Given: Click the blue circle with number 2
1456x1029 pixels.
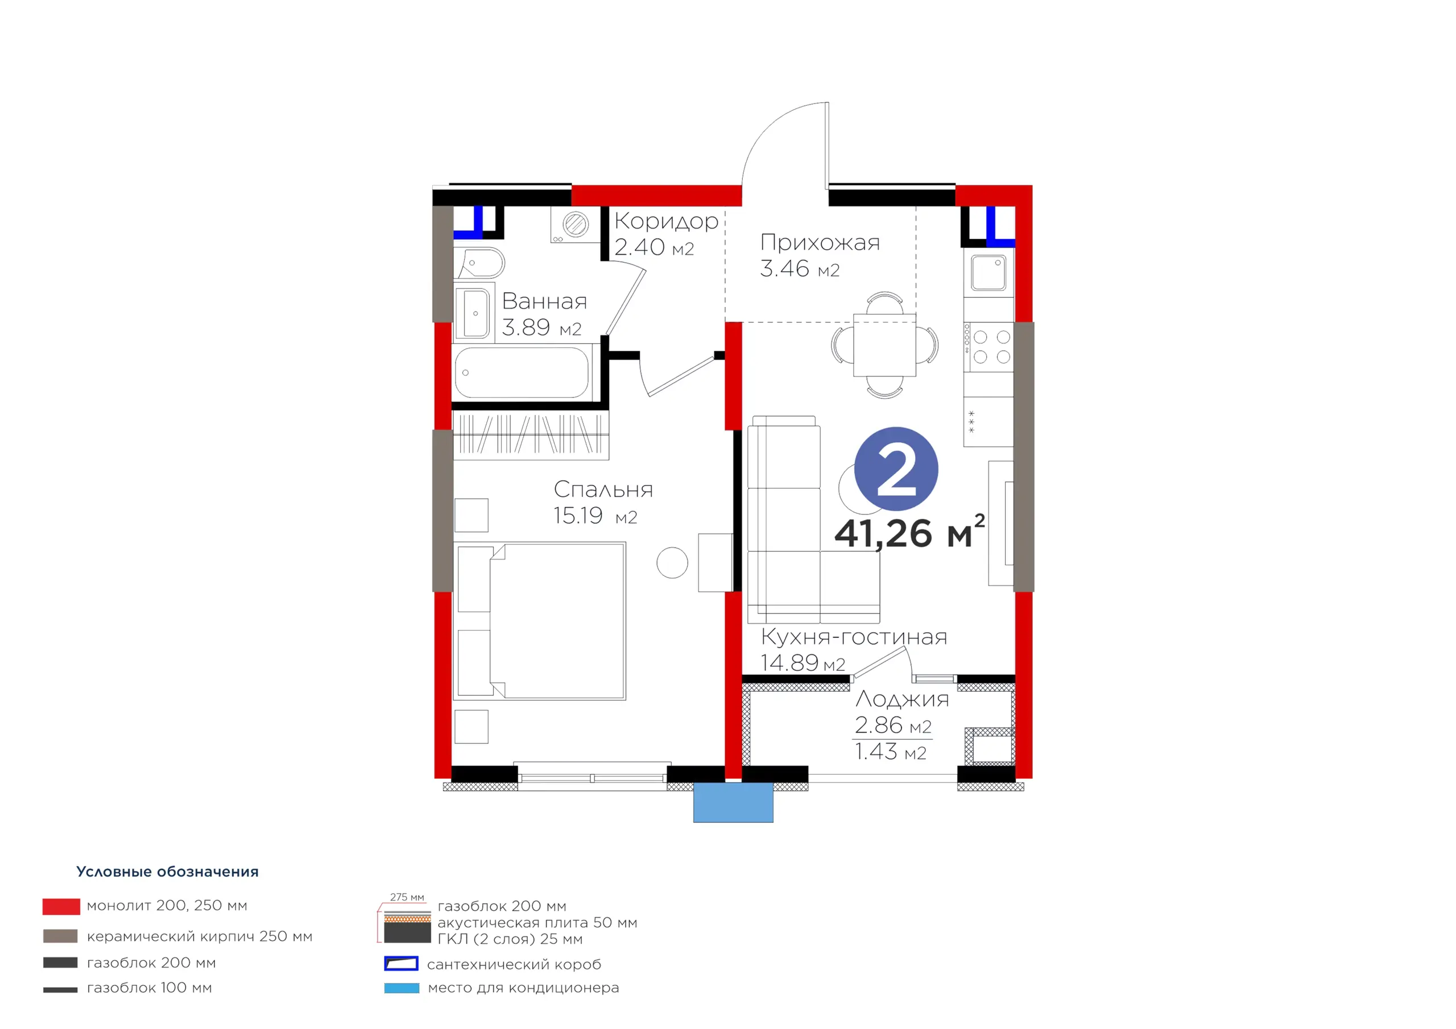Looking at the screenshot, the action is pos(895,468).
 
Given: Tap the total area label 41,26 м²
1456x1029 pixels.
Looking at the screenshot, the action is pos(909,532).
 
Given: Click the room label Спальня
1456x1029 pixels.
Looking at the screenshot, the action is pos(603,489).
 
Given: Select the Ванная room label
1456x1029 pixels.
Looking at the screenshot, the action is pos(544,301).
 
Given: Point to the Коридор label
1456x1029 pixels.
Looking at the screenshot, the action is pos(666,221).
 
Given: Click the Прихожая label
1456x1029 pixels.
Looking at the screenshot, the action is pos(820,242).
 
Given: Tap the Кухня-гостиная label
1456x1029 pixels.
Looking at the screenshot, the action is pos(854,637).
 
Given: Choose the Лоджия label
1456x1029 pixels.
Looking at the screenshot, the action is pos(902,699).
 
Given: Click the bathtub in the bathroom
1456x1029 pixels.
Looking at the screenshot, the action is pos(522,372).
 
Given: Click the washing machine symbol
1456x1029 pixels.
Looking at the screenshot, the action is pos(575,225).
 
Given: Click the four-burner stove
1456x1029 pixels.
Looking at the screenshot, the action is pos(988,347).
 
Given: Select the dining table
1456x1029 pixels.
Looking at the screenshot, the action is pos(884,345).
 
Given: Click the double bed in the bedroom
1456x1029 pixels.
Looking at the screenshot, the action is pos(540,621).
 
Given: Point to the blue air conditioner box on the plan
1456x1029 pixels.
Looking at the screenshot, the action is pos(733,802).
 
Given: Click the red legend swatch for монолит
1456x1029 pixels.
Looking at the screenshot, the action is pos(61,907).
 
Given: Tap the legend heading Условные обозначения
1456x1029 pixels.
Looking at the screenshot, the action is pos(167,872).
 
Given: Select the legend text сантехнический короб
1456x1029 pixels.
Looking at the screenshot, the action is pos(514,964).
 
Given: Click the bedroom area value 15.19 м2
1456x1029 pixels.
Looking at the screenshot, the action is pos(595,516).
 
